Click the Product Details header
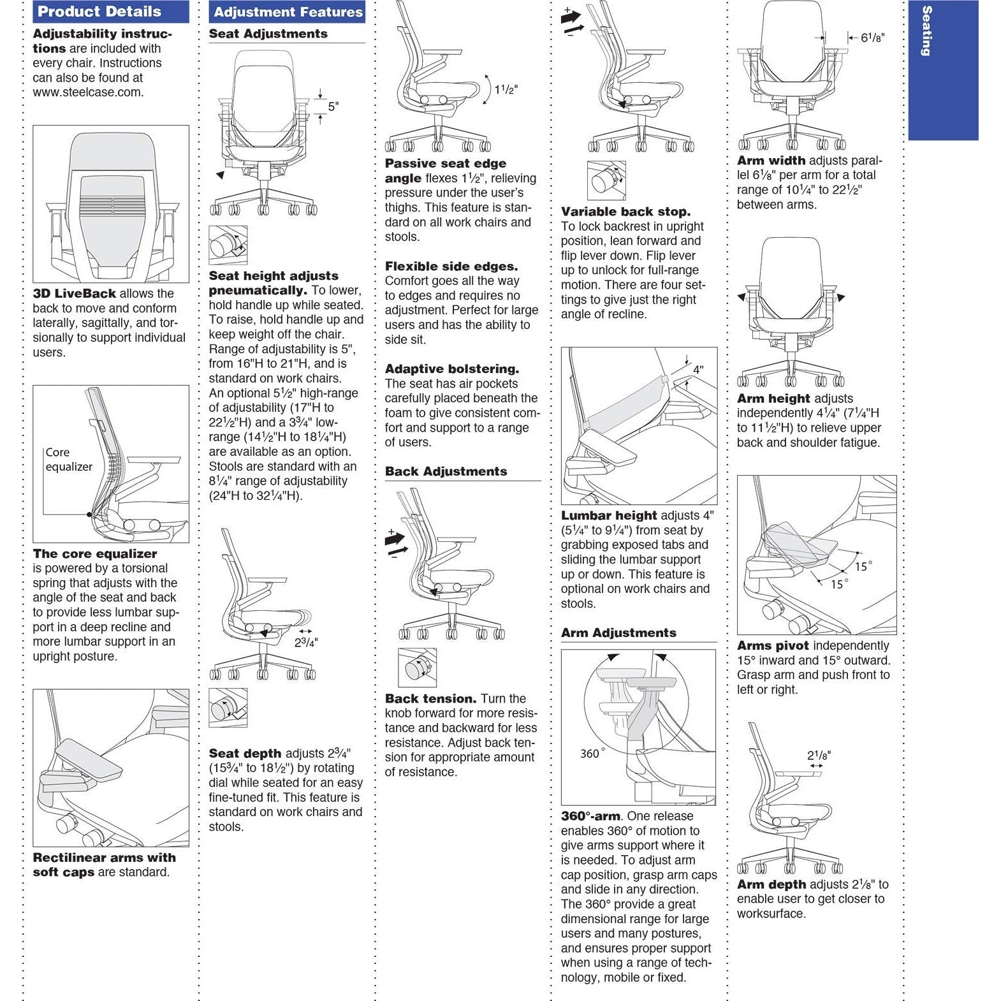pyautogui.click(x=99, y=11)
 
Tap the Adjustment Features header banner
pyautogui.click(x=288, y=12)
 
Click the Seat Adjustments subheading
pyautogui.click(x=268, y=34)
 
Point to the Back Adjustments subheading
pyautogui.click(x=446, y=472)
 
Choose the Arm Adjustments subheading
pyautogui.click(x=618, y=633)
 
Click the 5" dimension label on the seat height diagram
pyautogui.click(x=333, y=106)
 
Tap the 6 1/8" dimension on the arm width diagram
pyautogui.click(x=872, y=38)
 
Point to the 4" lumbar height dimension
pyautogui.click(x=698, y=370)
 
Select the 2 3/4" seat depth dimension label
pyautogui.click(x=306, y=643)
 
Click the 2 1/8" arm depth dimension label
pyautogui.click(x=819, y=756)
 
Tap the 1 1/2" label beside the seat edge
pyautogui.click(x=506, y=89)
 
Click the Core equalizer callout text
pyautogui.click(x=69, y=460)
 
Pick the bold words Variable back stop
pyautogui.click(x=625, y=212)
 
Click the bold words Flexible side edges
pyautogui.click(x=451, y=267)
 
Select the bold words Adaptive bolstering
pyautogui.click(x=451, y=369)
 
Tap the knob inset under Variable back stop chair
pyautogui.click(x=606, y=180)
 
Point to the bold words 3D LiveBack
pyautogui.click(x=74, y=294)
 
